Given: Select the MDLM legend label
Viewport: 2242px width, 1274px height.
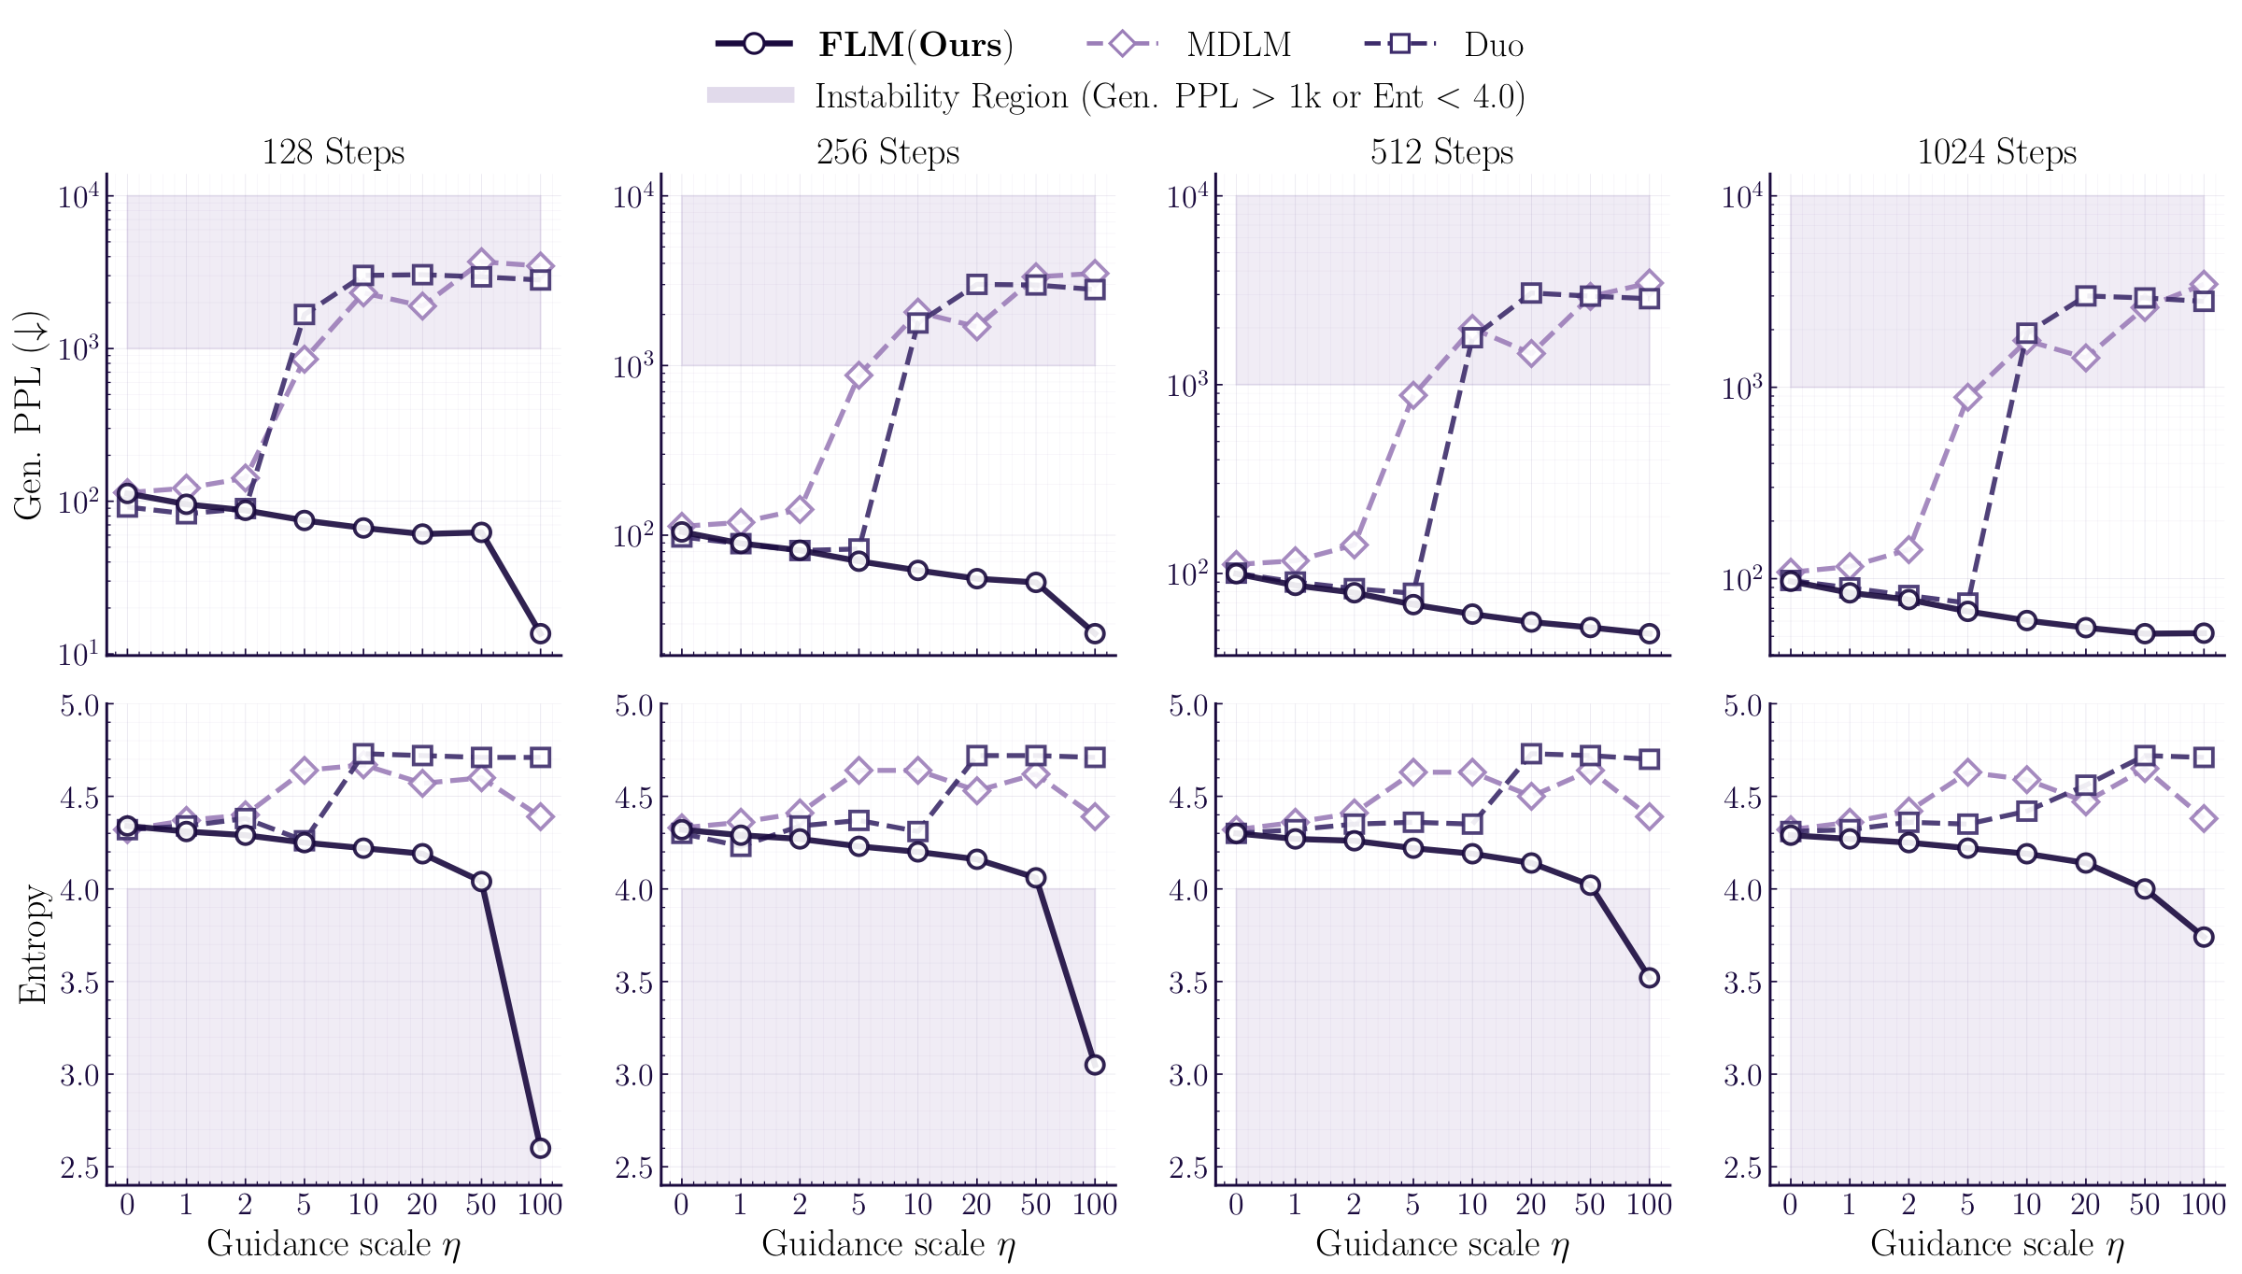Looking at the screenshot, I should [x=1239, y=45].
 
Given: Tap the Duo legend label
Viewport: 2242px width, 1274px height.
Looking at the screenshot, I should [x=1494, y=45].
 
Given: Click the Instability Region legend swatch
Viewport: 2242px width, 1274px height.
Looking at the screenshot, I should [x=750, y=95].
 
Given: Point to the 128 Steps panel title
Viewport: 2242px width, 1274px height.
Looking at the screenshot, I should [x=333, y=152].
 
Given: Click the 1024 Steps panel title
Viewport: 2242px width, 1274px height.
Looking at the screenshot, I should [x=1996, y=152].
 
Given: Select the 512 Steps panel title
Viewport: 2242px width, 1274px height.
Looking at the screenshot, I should [x=1441, y=152].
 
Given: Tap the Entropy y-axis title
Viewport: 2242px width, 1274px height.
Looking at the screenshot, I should [x=32, y=944].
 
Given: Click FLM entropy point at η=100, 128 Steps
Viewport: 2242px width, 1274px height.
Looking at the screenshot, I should [x=540, y=1148].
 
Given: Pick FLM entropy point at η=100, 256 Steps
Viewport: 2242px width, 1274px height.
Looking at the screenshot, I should [x=1095, y=1065].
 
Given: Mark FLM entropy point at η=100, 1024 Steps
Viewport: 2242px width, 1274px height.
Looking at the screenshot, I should [x=2204, y=937].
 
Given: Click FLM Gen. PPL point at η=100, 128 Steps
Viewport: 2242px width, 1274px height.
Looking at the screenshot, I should [x=540, y=633].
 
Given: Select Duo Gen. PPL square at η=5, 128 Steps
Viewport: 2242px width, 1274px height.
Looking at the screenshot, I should [x=305, y=315].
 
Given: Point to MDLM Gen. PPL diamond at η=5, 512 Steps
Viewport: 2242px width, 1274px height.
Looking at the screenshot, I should [x=1413, y=395].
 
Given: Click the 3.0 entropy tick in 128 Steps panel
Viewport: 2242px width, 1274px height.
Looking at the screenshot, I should [x=79, y=1075].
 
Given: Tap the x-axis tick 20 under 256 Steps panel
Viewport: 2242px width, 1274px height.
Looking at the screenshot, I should [x=976, y=1205].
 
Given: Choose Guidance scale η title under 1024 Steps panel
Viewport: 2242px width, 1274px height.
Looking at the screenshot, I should [x=1996, y=1244].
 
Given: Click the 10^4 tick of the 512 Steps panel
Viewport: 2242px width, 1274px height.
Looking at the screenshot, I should [x=1186, y=197].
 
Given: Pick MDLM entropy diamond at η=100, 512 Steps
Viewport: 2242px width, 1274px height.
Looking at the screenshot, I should [x=1650, y=816].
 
